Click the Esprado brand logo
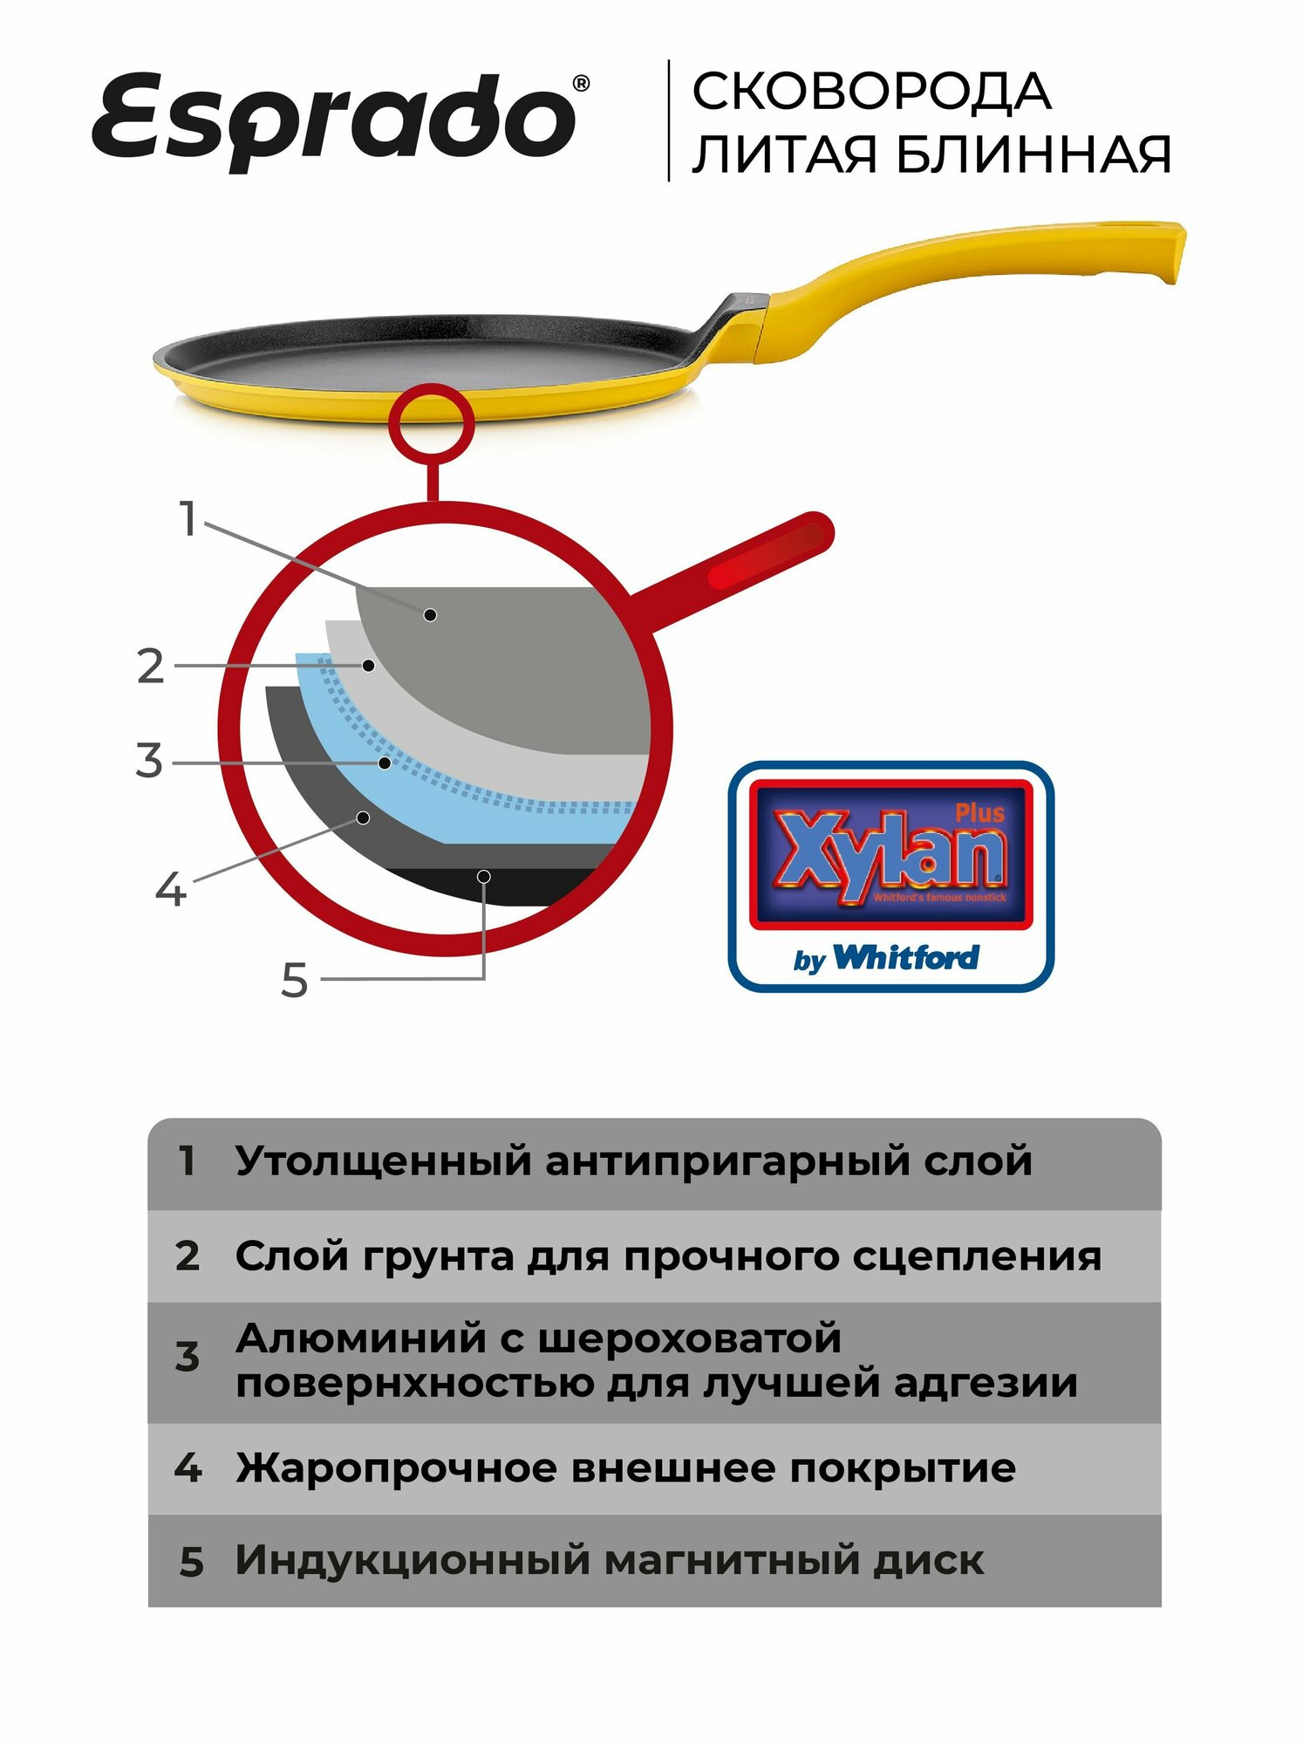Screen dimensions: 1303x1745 [336, 120]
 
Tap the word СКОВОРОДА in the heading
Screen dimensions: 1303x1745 [871, 92]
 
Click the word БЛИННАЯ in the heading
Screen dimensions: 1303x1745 [1033, 155]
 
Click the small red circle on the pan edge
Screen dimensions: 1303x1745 [431, 421]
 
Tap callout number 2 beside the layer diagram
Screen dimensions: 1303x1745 [151, 667]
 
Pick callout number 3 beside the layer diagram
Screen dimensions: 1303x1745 [149, 761]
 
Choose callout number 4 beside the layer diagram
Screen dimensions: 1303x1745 [171, 890]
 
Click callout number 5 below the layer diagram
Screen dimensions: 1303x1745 [295, 980]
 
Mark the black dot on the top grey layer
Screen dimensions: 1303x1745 [430, 615]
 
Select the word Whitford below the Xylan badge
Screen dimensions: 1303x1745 [906, 957]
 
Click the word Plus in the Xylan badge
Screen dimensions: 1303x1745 [979, 813]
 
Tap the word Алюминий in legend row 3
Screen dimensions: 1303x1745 [360, 1339]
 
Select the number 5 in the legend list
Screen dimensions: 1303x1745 [191, 1562]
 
